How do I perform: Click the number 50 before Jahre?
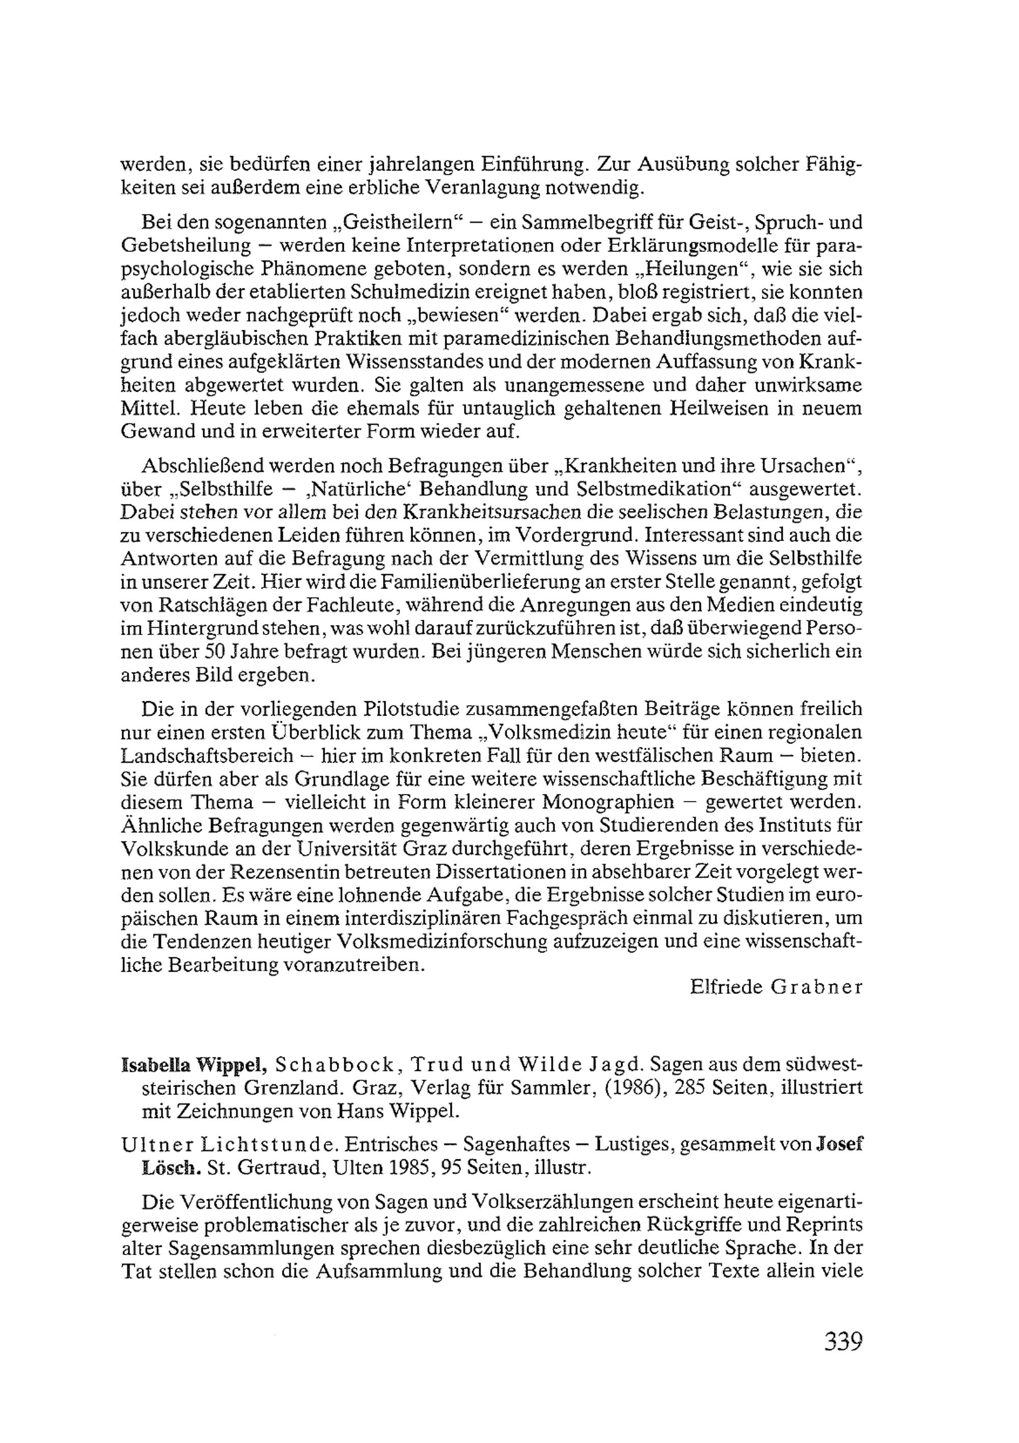point(216,652)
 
